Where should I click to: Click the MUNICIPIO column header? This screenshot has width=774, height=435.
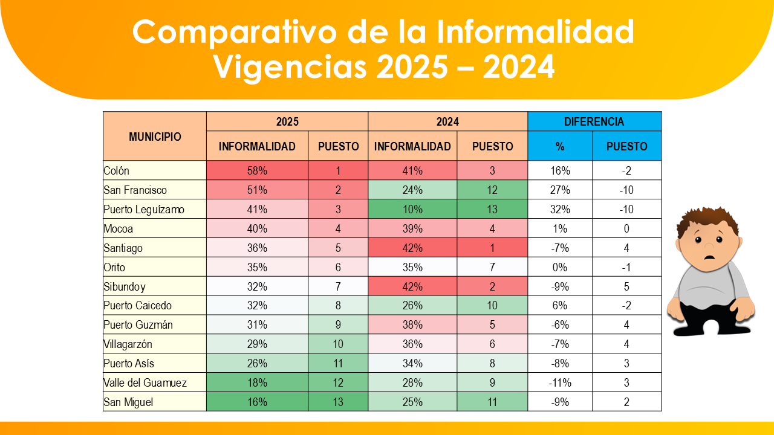pyautogui.click(x=155, y=137)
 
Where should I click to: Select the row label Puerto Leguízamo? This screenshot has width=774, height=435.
pyautogui.click(x=144, y=210)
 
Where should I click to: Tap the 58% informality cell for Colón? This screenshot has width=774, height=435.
pyautogui.click(x=257, y=171)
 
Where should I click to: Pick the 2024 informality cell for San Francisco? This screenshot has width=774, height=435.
pyautogui.click(x=412, y=190)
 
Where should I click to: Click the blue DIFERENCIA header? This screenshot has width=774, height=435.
pyautogui.click(x=594, y=121)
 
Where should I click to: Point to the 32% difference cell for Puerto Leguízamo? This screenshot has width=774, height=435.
pyautogui.click(x=560, y=210)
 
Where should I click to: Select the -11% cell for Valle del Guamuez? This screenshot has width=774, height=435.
pyautogui.click(x=560, y=383)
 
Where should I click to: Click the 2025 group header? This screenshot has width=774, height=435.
pyautogui.click(x=287, y=121)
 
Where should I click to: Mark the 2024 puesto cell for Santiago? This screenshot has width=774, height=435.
pyautogui.click(x=492, y=248)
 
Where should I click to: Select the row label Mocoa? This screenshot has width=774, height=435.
pyautogui.click(x=119, y=229)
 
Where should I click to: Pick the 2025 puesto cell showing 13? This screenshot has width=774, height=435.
pyautogui.click(x=338, y=402)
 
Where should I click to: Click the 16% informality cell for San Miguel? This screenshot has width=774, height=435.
pyautogui.click(x=257, y=402)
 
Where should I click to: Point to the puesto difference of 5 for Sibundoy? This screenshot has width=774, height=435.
pyautogui.click(x=626, y=287)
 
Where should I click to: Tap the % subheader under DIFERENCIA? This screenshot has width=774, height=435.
pyautogui.click(x=560, y=146)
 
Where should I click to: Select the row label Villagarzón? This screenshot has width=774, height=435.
pyautogui.click(x=128, y=344)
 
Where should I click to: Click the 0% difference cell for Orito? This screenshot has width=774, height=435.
pyautogui.click(x=560, y=268)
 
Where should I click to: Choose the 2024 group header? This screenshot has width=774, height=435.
pyautogui.click(x=447, y=121)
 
